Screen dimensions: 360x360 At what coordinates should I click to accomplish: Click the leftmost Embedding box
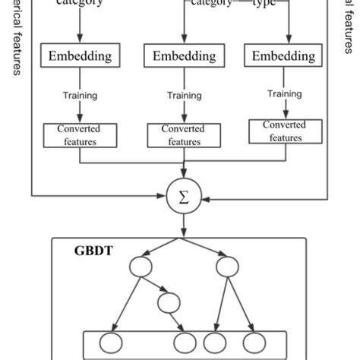(81, 56)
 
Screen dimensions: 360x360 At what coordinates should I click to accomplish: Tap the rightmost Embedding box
(283, 56)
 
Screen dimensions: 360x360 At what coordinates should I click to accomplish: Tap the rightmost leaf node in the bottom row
(254, 343)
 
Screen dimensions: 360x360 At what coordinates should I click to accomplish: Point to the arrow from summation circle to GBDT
(184, 225)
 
